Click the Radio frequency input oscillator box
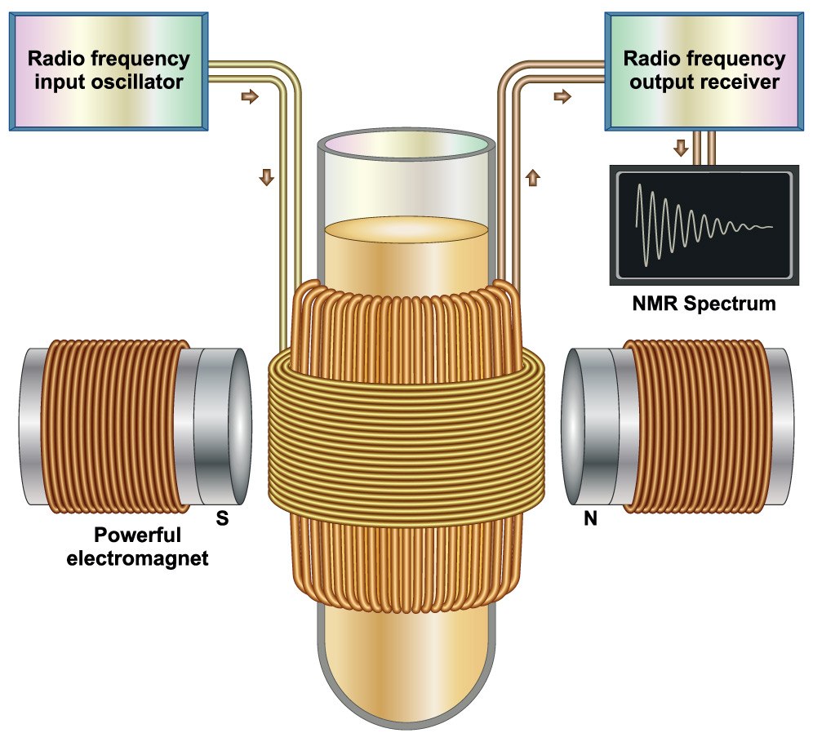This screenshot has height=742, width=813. coord(109,70)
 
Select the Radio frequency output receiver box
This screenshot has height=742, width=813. coord(703,70)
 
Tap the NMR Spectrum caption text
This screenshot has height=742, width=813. coord(704,305)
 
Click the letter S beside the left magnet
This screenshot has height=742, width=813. coord(220,518)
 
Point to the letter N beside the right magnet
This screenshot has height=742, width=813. coord(590,518)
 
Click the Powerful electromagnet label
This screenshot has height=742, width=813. coord(151,548)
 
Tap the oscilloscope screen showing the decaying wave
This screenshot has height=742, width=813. coord(704,223)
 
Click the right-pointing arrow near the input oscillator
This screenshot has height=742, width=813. coord(251,97)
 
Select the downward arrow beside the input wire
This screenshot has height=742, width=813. coord(266,176)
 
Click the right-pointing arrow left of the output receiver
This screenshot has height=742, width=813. coord(562,97)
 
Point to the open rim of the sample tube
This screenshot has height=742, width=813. coord(406,145)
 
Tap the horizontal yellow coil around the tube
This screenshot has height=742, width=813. coord(406,441)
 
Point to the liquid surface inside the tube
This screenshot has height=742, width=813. coord(406,229)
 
